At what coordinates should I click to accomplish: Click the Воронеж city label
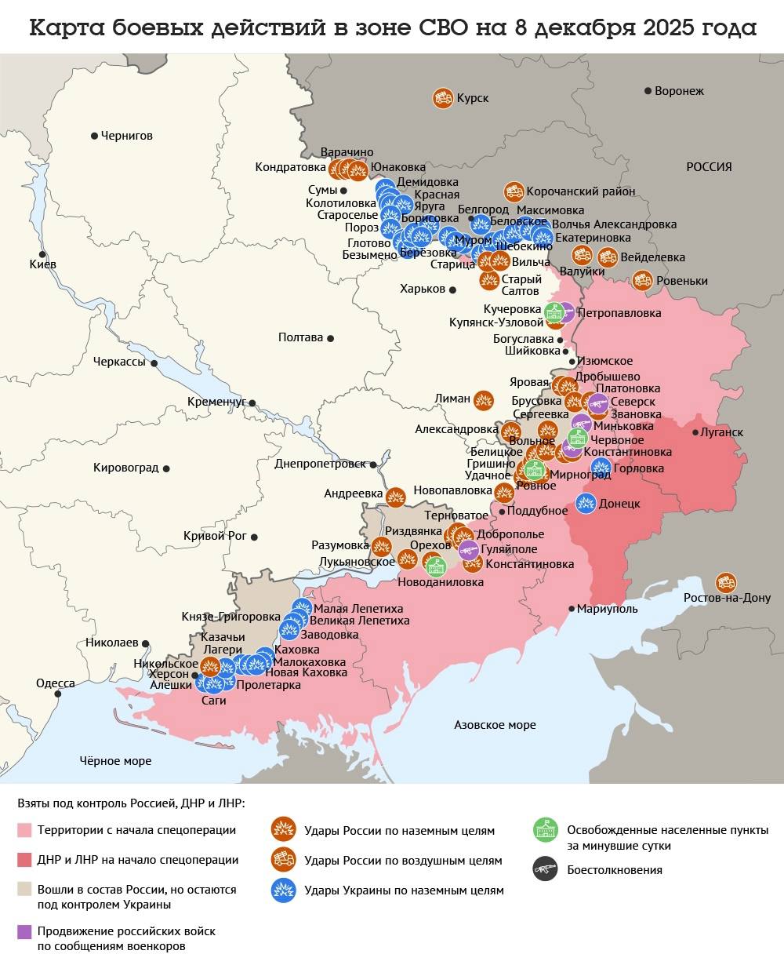coord(679,91)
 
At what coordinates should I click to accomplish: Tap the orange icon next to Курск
coord(442,98)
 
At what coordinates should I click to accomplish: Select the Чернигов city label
coord(126,136)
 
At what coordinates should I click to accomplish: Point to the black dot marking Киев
coord(42,254)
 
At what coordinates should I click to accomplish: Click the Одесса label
coord(55,683)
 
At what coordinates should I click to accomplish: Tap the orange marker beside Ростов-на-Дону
coord(726,582)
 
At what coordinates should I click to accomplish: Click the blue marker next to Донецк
coord(586,503)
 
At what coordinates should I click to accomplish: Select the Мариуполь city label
coord(607,609)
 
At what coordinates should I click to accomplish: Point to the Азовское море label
coord(495,725)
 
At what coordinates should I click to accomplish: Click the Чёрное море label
coord(115,761)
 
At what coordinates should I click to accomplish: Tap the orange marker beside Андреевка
coord(396,496)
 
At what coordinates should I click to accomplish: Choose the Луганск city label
coord(721,432)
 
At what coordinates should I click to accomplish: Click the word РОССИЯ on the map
coord(709,167)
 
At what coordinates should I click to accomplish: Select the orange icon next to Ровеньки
coord(642,280)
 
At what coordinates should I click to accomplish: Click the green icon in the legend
coord(545,830)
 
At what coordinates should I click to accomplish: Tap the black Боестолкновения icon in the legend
coord(545,869)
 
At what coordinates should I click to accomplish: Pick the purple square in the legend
coord(24,931)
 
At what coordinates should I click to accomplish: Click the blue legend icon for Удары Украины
coord(282,890)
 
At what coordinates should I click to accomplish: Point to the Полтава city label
coord(300,337)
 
